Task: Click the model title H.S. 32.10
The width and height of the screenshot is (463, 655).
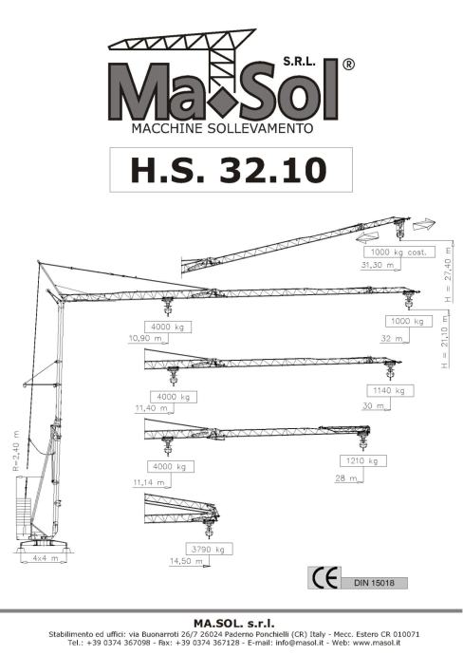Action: tap(229, 170)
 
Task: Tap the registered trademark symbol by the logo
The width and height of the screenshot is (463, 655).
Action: tap(348, 65)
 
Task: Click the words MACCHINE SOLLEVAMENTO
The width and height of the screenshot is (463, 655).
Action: tap(222, 128)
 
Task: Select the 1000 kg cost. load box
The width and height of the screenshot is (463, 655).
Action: tap(399, 253)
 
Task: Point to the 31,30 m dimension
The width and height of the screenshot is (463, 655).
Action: tap(378, 265)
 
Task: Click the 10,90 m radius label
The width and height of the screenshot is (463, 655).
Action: tap(145, 338)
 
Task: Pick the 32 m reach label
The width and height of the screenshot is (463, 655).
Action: tap(391, 338)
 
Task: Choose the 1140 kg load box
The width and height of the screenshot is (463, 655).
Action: tap(390, 390)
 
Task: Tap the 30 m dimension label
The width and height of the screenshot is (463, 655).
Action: tap(373, 405)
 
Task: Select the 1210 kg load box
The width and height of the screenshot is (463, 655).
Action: tap(363, 460)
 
